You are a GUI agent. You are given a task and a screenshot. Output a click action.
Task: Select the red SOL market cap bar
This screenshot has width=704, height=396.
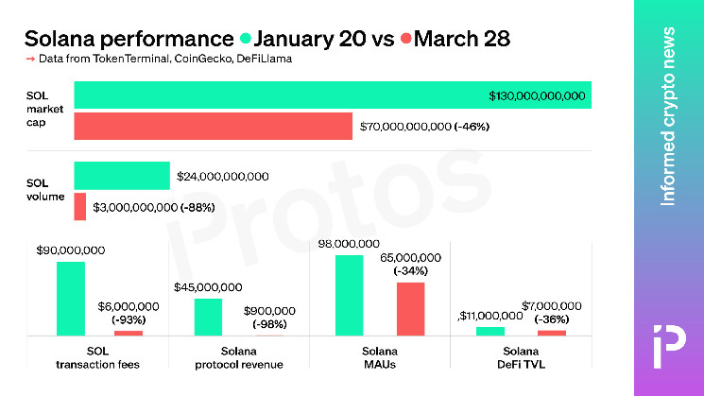214,127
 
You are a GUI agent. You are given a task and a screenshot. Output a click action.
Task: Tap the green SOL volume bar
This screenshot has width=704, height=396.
122,176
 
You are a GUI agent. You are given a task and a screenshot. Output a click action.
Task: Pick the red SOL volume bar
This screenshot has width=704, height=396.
80,206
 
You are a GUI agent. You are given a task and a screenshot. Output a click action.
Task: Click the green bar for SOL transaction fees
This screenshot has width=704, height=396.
71,298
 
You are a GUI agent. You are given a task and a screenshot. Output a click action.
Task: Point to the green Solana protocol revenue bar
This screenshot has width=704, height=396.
208,317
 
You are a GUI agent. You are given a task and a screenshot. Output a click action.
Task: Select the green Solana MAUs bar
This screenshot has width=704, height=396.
349,295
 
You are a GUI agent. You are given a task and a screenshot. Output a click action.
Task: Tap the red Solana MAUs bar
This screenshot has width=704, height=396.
410,309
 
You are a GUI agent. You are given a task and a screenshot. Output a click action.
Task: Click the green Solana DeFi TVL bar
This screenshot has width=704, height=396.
490,331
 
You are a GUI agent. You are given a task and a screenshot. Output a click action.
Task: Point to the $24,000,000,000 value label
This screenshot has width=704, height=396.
223,176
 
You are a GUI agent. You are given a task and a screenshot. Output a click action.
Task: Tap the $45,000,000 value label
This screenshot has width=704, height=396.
208,287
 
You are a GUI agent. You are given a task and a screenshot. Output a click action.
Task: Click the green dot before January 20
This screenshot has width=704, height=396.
246,40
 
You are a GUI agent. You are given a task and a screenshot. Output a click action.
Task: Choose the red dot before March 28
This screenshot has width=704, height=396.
406,40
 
